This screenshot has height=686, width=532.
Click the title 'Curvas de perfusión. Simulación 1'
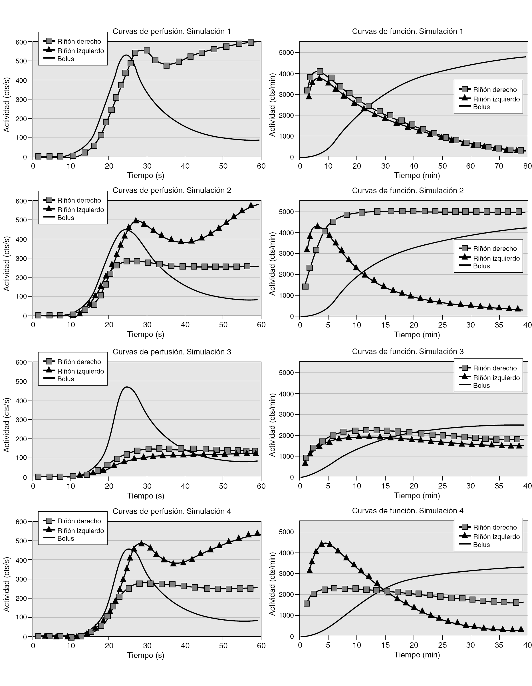tap(172, 31)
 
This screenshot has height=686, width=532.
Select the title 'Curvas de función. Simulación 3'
tap(408, 352)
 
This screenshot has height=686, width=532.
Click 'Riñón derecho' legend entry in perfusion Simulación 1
tap(79, 41)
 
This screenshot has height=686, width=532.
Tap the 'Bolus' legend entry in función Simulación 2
tap(481, 266)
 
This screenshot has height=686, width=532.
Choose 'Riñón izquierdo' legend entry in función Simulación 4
tap(496, 537)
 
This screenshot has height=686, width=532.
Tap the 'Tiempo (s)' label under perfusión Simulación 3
tap(146, 496)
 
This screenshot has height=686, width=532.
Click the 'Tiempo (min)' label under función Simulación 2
tap(417, 334)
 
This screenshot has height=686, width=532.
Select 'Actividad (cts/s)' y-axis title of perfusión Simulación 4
tap(7, 584)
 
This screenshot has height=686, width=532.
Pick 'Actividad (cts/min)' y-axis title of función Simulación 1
tap(272, 105)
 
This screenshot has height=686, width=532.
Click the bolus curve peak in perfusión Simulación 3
tap(126, 387)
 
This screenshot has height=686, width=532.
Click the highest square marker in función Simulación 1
tap(320, 72)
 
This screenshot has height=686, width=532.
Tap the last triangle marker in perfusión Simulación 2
tap(251, 206)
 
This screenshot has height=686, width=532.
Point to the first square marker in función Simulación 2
tap(305, 286)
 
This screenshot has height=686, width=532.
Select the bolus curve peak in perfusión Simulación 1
tap(126, 55)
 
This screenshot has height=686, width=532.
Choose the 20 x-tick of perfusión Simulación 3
tap(109, 486)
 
